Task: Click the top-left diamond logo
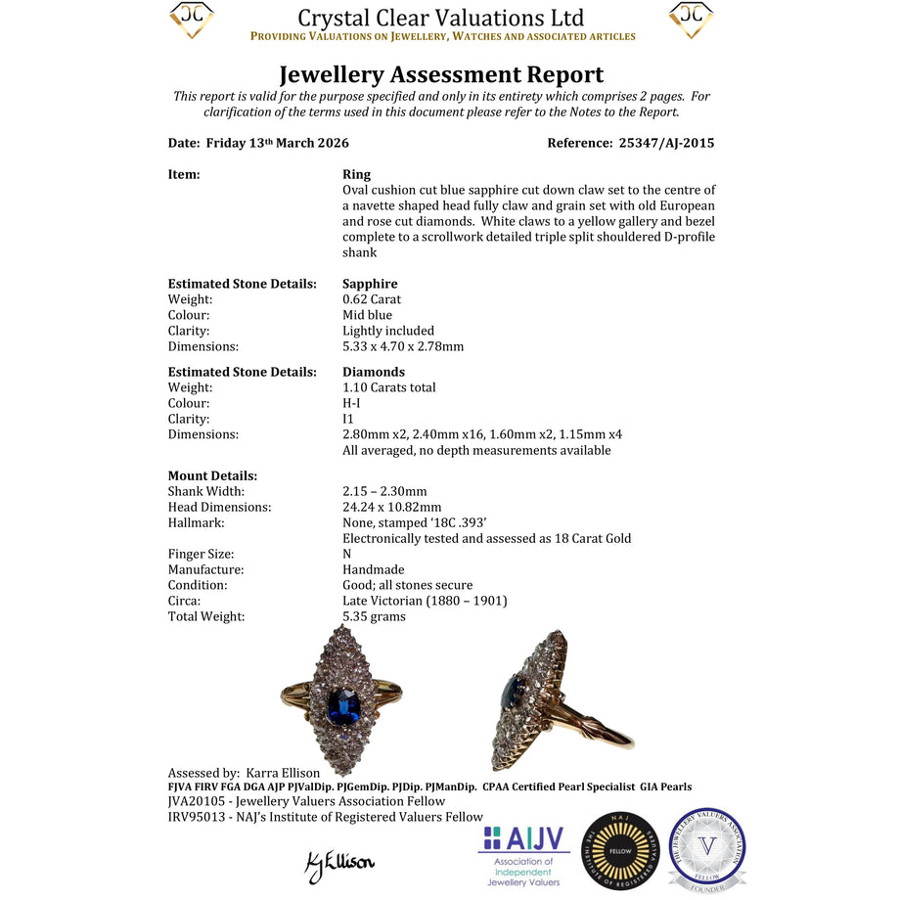[x=191, y=20]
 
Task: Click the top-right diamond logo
[x=691, y=20]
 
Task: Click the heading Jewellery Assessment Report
[x=441, y=74]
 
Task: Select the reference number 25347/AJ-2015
[x=666, y=143]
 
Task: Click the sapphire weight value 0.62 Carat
[x=372, y=299]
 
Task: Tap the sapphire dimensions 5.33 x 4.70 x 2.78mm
[x=403, y=346]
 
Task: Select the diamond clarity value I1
[x=348, y=419]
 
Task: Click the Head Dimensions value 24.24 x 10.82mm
[x=391, y=507]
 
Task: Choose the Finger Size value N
[x=347, y=554]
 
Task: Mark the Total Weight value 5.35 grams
[x=374, y=616]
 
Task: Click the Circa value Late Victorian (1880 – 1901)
[x=425, y=601]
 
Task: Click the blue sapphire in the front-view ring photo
[x=341, y=703]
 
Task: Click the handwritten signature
[x=339, y=863]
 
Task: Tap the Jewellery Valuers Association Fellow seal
[x=707, y=849]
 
